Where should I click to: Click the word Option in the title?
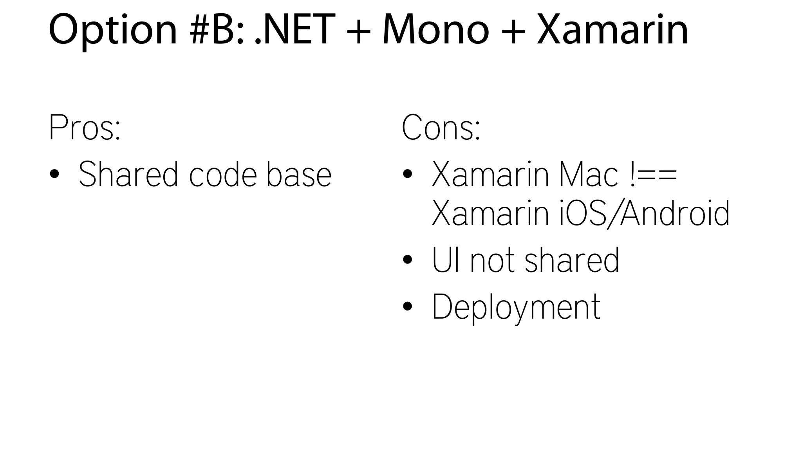tap(113, 31)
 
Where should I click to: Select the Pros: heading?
tap(85, 128)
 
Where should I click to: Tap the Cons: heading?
tap(441, 128)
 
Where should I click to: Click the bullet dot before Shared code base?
tap(54, 174)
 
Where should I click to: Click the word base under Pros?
tap(299, 174)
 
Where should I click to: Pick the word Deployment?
tap(516, 307)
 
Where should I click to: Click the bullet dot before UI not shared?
tap(407, 260)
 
